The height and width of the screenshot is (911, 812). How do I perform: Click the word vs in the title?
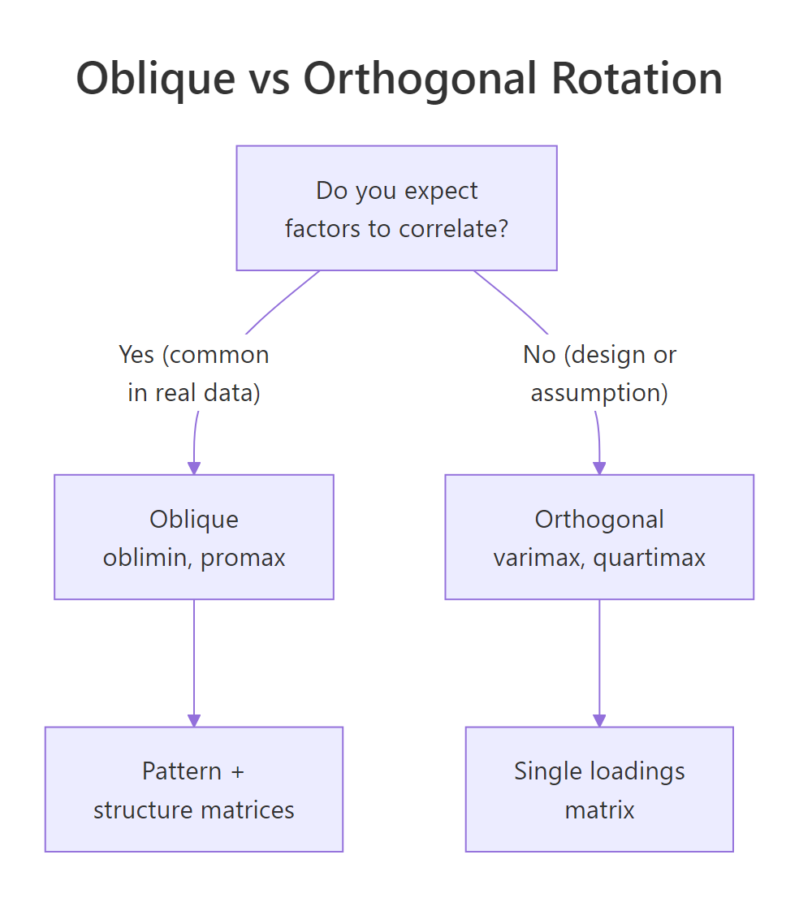click(272, 80)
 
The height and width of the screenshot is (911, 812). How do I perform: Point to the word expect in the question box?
click(443, 191)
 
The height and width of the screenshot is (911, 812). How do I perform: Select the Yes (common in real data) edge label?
click(194, 374)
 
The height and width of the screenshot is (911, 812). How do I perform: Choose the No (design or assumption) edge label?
click(599, 374)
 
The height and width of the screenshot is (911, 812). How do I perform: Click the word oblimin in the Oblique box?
click(147, 558)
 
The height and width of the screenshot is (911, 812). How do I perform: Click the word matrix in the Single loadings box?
click(599, 810)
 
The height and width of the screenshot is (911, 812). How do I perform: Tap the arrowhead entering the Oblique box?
click(194, 468)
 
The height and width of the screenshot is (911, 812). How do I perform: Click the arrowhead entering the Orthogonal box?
click(599, 468)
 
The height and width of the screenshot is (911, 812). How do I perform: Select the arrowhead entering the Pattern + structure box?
click(194, 720)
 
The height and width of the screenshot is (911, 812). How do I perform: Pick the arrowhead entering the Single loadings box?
click(599, 720)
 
